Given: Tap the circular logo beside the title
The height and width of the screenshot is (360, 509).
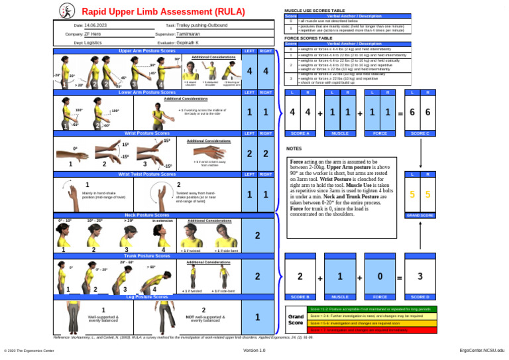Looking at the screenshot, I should pos(67,11).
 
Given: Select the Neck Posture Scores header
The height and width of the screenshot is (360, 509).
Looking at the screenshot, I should pos(146,215).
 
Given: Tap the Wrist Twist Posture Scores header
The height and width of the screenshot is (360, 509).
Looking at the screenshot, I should pos(146,174).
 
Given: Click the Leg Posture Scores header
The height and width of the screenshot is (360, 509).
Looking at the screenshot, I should pos(146,297).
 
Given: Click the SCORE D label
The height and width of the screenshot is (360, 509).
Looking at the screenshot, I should pos(420,296).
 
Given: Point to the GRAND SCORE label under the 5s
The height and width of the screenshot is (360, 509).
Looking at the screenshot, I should pos(420,215).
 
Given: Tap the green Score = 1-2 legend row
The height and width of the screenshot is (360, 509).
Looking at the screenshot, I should pos(372,310).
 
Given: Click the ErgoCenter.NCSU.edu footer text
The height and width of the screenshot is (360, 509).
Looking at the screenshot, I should pos(482,349).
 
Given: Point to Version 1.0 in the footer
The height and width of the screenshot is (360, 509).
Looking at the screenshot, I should pos(254,349).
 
